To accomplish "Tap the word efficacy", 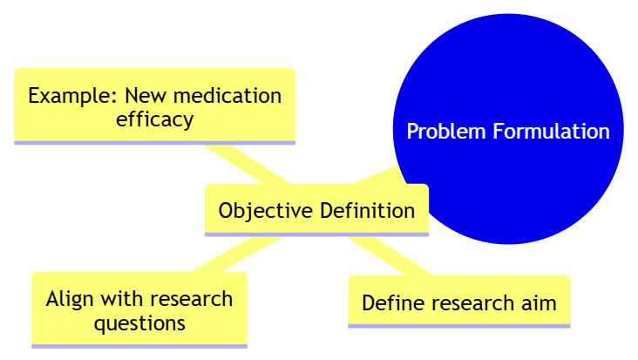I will [154, 119].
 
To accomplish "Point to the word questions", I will [139, 323].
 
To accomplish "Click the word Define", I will [390, 303].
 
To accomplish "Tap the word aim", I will [539, 303].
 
